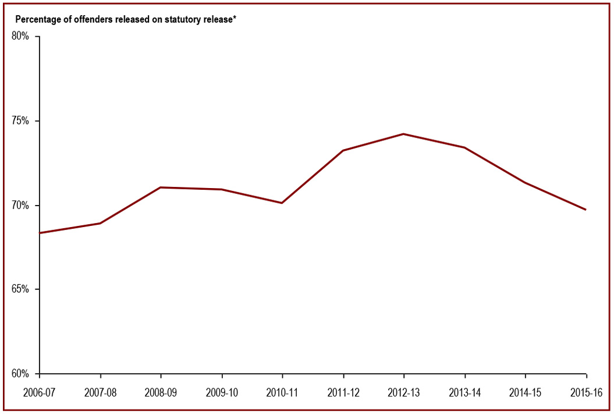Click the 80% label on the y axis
tap(20, 37)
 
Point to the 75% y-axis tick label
tap(20, 121)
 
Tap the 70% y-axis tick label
tap(20, 206)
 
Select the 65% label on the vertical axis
tap(20, 289)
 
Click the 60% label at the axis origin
tap(20, 374)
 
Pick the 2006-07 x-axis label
tap(39, 393)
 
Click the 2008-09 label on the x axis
tap(161, 393)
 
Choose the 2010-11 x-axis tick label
tap(282, 393)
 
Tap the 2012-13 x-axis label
tap(404, 393)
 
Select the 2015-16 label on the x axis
tap(585, 393)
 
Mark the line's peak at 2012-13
tap(404, 134)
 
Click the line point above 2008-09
tap(161, 187)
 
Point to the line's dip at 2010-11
tap(282, 203)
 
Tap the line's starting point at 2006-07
tap(40, 233)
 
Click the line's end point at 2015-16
tap(585, 210)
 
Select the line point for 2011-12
tap(343, 151)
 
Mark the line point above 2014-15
tap(526, 183)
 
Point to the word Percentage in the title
tap(36, 19)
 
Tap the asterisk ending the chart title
tap(234, 18)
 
